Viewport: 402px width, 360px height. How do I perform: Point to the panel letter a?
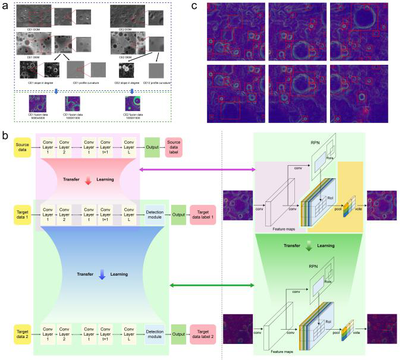point(5,7)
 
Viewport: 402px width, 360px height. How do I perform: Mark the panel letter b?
point(5,136)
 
